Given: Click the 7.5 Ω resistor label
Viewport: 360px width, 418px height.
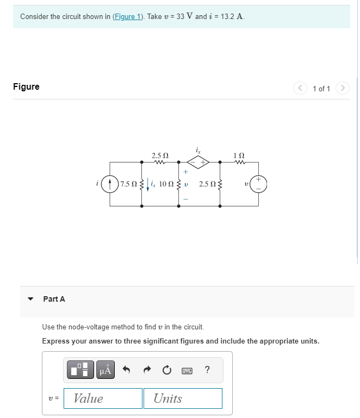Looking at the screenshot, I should click(129, 184).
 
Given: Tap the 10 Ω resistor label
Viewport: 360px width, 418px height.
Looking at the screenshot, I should click(166, 184).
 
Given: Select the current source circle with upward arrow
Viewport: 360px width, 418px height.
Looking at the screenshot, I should click(110, 184).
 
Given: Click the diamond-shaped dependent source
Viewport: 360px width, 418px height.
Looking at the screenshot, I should click(199, 161).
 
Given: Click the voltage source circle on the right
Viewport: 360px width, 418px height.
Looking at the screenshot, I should click(258, 184).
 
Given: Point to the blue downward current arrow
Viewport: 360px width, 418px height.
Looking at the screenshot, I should click(147, 185).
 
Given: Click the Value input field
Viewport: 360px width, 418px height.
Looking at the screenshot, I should click(103, 398).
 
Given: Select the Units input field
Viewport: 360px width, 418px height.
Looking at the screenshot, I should click(183, 398).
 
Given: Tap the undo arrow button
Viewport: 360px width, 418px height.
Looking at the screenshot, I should click(126, 371).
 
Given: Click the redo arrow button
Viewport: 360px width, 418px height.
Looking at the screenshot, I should click(147, 371).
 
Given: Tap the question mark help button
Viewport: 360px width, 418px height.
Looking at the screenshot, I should click(208, 371).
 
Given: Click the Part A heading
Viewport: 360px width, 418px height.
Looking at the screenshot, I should click(54, 299).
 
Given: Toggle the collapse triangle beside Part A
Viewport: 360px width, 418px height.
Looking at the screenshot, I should click(31, 299).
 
